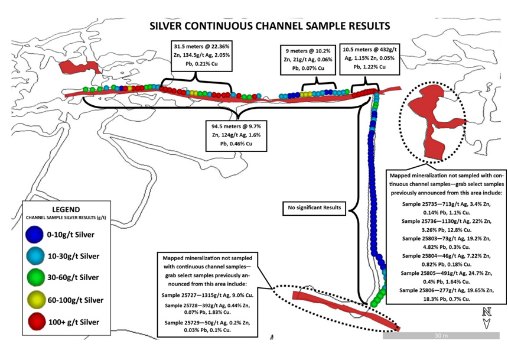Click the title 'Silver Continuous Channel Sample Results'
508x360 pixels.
(x=269, y=26)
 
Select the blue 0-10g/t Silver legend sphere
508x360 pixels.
(x=35, y=235)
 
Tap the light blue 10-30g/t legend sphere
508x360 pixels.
(x=35, y=255)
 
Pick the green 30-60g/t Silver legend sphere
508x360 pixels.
(x=35, y=277)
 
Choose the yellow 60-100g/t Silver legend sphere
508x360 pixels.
(x=36, y=300)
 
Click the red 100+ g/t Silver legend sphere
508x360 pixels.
(x=37, y=322)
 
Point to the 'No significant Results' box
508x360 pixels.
(x=314, y=207)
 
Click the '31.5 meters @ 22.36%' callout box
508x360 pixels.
(x=201, y=56)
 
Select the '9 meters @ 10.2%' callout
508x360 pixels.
(x=308, y=60)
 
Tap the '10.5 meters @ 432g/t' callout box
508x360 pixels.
(x=370, y=59)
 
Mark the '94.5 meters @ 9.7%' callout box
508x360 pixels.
(x=236, y=135)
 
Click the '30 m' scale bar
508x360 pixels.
(x=441, y=336)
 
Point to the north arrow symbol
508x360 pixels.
(x=486, y=318)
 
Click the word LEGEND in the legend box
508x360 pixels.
(x=66, y=209)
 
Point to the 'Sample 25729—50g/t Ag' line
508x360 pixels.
(x=207, y=323)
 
